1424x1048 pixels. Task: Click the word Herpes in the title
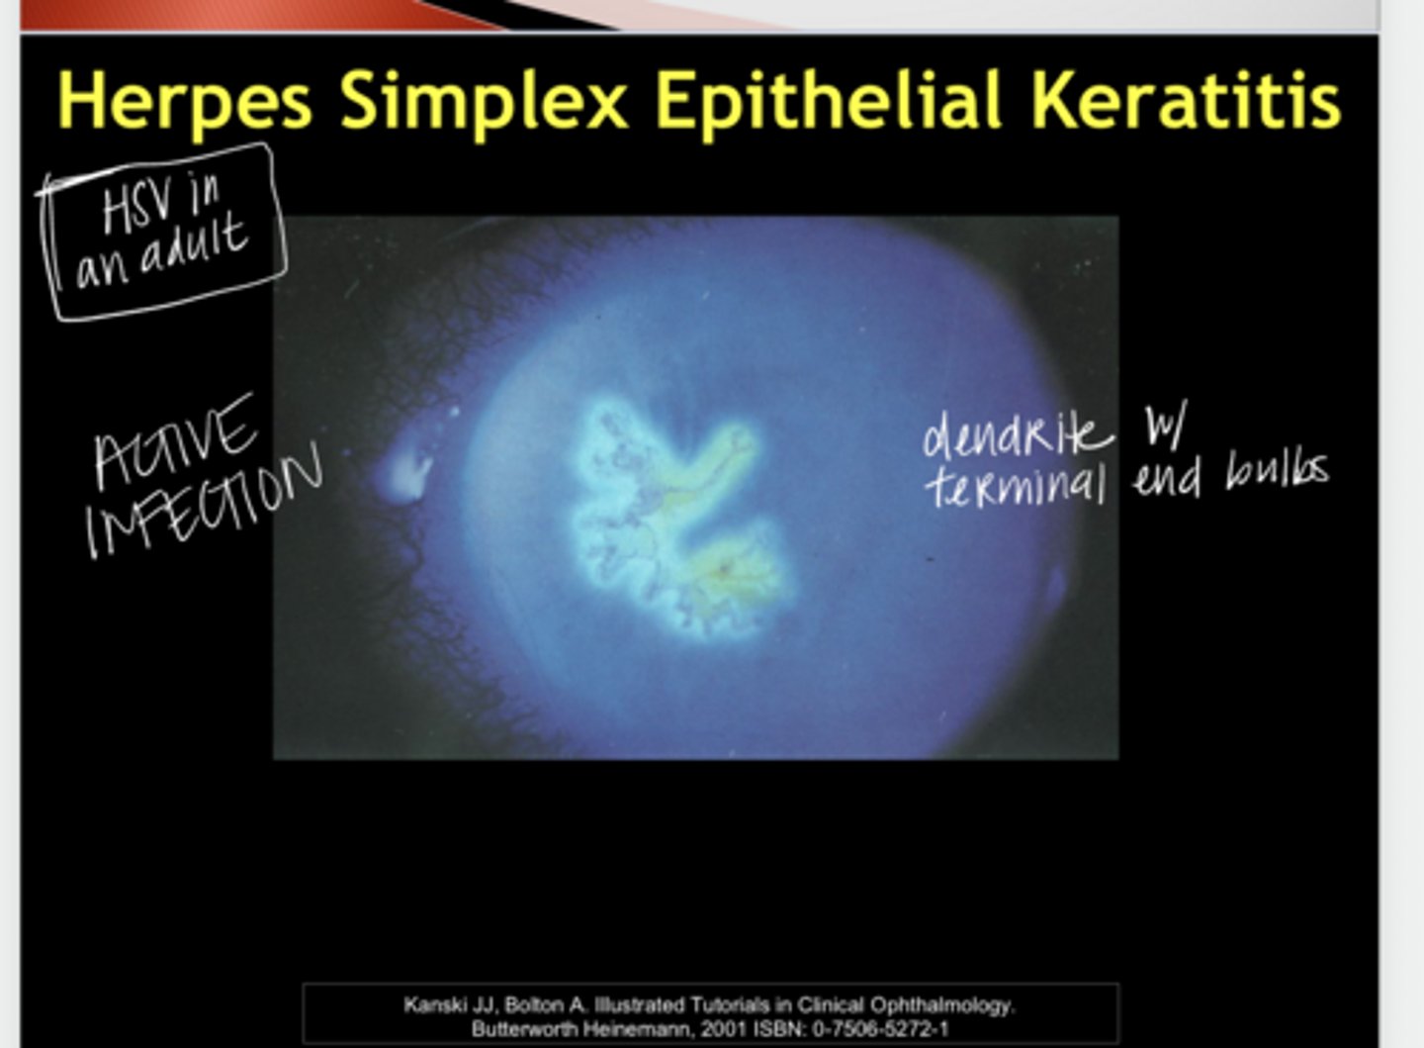[x=185, y=101]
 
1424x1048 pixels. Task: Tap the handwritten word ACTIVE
[x=175, y=439]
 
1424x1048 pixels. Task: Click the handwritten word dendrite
[x=1016, y=433]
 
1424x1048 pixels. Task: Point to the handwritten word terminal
[x=1015, y=485]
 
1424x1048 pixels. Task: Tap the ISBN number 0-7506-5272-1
[x=880, y=1029]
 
